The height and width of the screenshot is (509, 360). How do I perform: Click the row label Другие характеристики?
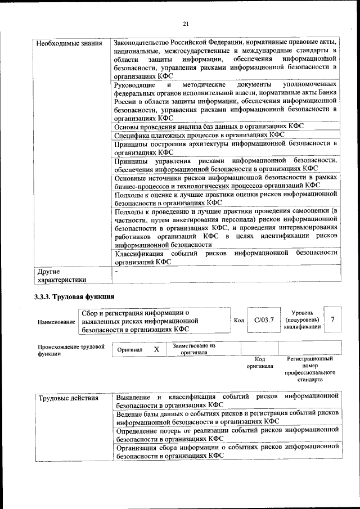61,275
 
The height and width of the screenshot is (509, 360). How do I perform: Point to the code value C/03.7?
263,320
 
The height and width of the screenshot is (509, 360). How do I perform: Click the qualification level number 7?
333,319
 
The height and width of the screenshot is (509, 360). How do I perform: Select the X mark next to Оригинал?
156,349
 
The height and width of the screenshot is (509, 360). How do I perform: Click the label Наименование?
56,322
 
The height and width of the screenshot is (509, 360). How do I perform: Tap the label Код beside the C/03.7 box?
238,321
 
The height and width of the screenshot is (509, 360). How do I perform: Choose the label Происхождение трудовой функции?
71,350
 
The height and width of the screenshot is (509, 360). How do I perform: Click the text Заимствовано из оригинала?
194,349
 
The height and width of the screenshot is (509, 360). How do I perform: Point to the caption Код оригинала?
259,362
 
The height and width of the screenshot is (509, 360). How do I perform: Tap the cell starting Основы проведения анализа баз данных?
208,127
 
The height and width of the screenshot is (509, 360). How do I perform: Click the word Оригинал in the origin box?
129,350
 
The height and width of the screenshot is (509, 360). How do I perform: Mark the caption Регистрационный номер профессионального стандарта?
310,369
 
